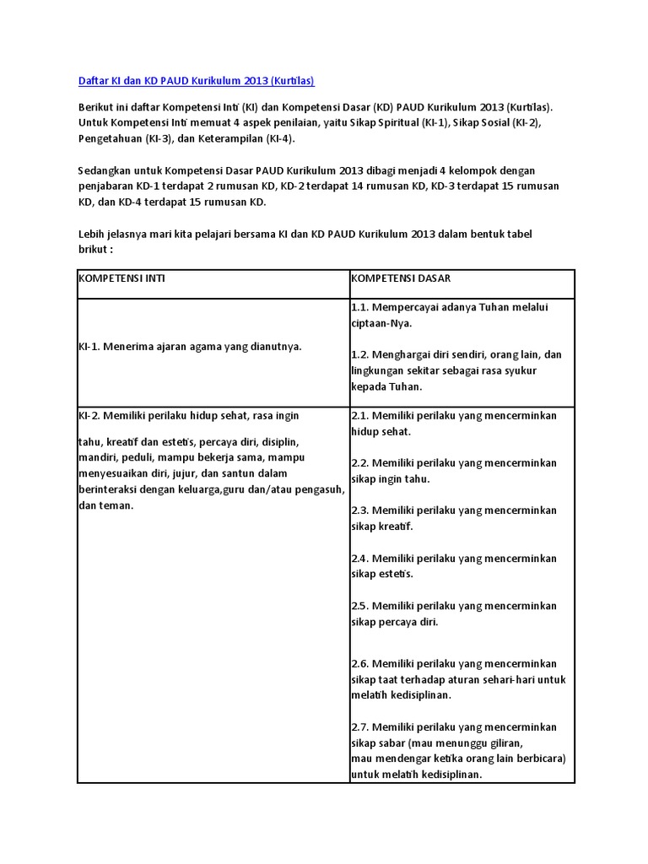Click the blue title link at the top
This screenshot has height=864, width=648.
tap(196, 80)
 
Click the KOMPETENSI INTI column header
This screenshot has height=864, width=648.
tap(121, 278)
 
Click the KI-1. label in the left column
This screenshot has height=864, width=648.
tap(90, 346)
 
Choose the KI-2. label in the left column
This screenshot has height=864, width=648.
tap(91, 415)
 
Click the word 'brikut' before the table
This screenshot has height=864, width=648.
tap(93, 250)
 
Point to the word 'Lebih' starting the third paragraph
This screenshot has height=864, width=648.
tap(91, 234)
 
